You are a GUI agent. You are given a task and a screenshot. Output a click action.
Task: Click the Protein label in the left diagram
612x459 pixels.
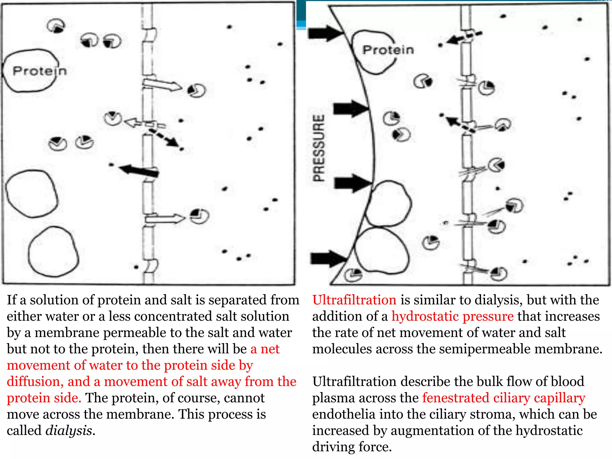(39, 71)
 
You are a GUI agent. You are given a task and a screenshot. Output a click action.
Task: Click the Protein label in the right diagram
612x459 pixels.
(388, 50)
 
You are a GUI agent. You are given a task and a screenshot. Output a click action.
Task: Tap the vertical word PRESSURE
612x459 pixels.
(319, 148)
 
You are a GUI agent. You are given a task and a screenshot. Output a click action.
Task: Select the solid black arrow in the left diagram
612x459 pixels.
(139, 171)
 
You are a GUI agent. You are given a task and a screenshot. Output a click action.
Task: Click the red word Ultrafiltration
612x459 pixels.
(354, 300)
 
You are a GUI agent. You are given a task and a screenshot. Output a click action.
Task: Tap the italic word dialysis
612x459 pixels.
(69, 431)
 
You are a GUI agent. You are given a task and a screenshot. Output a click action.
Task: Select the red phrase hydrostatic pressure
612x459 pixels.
(452, 316)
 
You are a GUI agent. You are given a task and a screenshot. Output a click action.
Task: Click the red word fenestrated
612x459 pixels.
(456, 398)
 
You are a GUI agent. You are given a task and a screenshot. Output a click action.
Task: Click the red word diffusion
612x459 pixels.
(35, 382)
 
